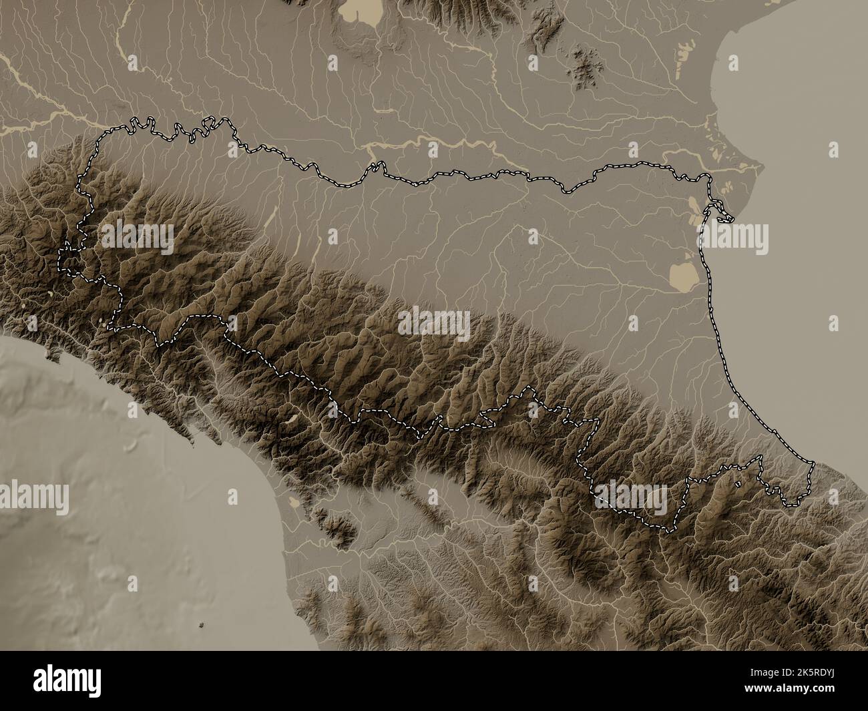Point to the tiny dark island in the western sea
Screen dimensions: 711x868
pos(202,626)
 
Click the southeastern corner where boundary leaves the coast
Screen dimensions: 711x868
pos(814,463)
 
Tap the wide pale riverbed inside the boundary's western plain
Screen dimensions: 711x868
pos(271,217)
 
